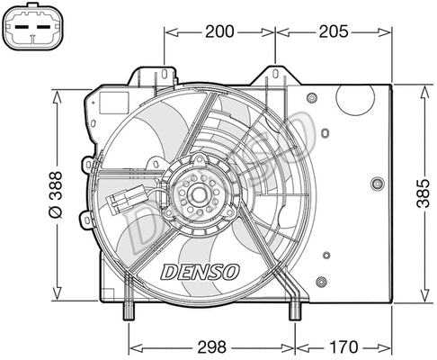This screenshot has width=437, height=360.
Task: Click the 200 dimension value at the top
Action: [x=219, y=31]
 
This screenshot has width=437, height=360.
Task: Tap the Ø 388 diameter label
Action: [x=54, y=193]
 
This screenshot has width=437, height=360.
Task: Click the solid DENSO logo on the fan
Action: [x=200, y=271]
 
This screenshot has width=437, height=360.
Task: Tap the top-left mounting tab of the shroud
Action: [x=165, y=69]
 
